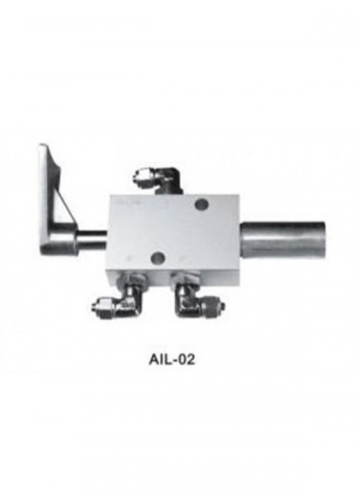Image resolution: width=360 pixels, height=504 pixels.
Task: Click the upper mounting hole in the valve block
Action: pos(202,204)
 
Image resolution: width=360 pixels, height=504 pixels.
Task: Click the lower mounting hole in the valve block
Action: pos(158,256)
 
